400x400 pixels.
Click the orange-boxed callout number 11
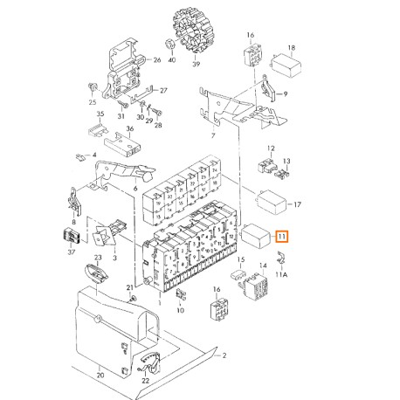coord(282,236)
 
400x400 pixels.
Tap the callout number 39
coord(197,64)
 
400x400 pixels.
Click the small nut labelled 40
coord(170,44)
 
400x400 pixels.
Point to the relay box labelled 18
coord(286,66)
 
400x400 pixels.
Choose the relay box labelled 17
coord(271,203)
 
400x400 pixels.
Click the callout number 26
coord(157,60)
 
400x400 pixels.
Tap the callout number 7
coord(213,135)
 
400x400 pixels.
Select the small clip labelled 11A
coord(281,258)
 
